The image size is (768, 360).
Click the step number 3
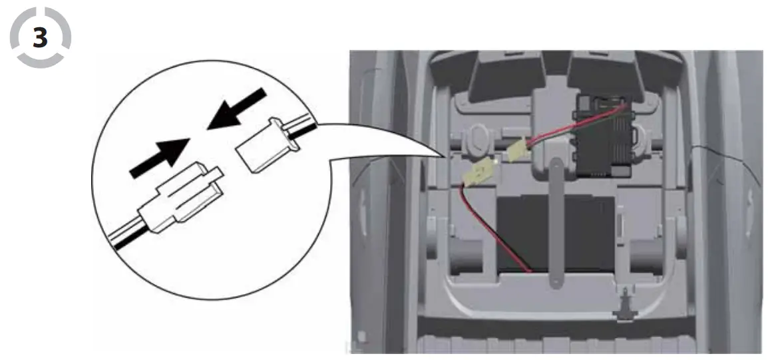coord(40,38)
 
